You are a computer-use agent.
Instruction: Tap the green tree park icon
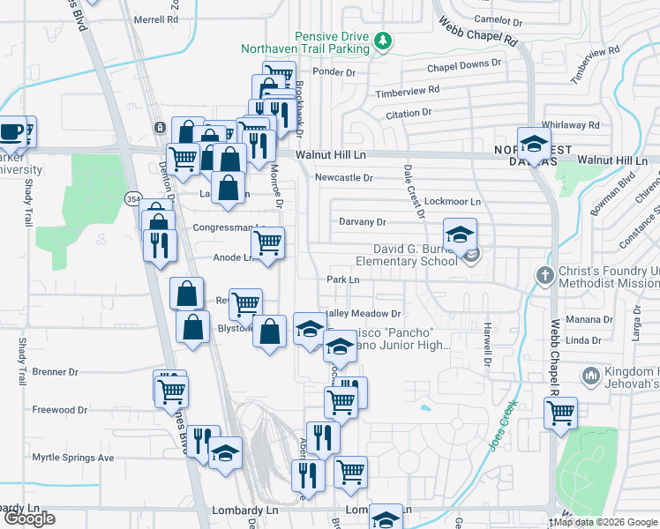[382, 40]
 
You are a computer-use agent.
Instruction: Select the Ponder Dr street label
[333, 71]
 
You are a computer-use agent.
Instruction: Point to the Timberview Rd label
[407, 91]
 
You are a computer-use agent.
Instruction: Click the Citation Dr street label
[409, 113]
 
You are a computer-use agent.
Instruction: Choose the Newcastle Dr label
[344, 177]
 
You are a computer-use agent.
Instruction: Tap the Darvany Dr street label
[363, 222]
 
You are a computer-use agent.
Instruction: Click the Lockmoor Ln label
[452, 202]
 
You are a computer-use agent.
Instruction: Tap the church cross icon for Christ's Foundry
[544, 275]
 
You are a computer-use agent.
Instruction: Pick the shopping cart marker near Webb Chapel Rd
[560, 413]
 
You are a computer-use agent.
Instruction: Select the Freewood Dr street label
[60, 410]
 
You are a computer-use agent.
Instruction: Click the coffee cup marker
[11, 131]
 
